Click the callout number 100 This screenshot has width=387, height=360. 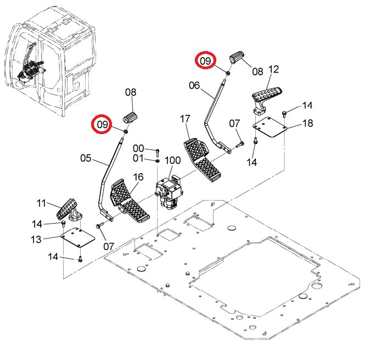click(172, 160)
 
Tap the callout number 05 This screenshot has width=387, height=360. click(86, 158)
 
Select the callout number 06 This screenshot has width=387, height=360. click(194, 86)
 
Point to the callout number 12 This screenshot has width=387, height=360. click(273, 69)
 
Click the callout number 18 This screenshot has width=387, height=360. click(307, 123)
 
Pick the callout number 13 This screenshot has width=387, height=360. click(36, 239)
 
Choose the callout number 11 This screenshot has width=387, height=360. click(41, 203)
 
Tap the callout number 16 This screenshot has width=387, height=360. click(138, 177)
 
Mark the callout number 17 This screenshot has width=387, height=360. click(185, 119)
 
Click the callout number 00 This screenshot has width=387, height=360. click(138, 148)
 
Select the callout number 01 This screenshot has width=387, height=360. click(138, 158)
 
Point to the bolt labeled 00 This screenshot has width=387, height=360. click(158, 153)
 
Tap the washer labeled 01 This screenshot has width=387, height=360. click(157, 161)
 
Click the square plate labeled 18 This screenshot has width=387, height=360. click(270, 128)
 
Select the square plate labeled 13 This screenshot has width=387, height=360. click(78, 237)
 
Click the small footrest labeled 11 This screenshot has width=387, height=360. click(69, 209)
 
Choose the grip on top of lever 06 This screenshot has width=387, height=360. click(237, 57)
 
